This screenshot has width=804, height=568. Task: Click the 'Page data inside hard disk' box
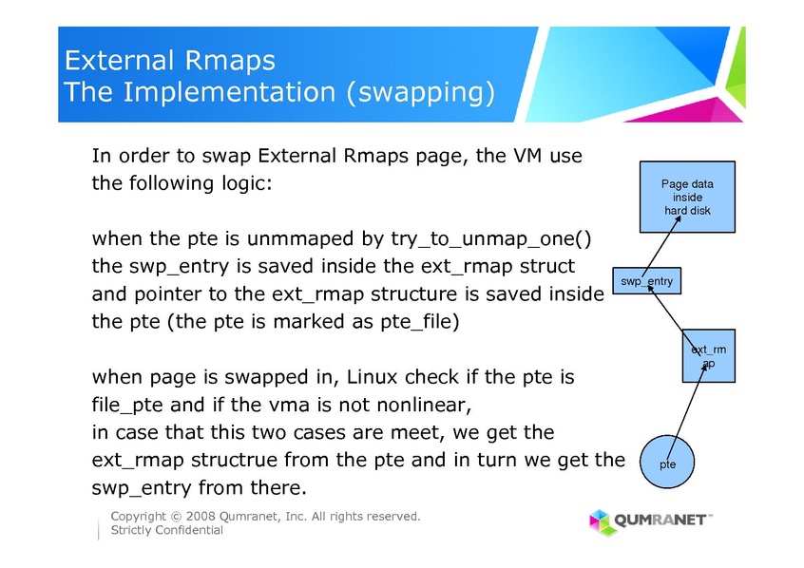[x=687, y=197]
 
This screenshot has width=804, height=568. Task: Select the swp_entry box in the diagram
[x=646, y=281]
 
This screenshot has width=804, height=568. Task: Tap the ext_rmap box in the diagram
[x=708, y=356]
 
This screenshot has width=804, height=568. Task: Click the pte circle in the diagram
[x=668, y=464]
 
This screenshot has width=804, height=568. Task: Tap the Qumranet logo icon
[x=600, y=521]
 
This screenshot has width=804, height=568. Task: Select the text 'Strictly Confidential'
[x=167, y=530]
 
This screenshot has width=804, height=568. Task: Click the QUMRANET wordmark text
[x=661, y=521]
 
